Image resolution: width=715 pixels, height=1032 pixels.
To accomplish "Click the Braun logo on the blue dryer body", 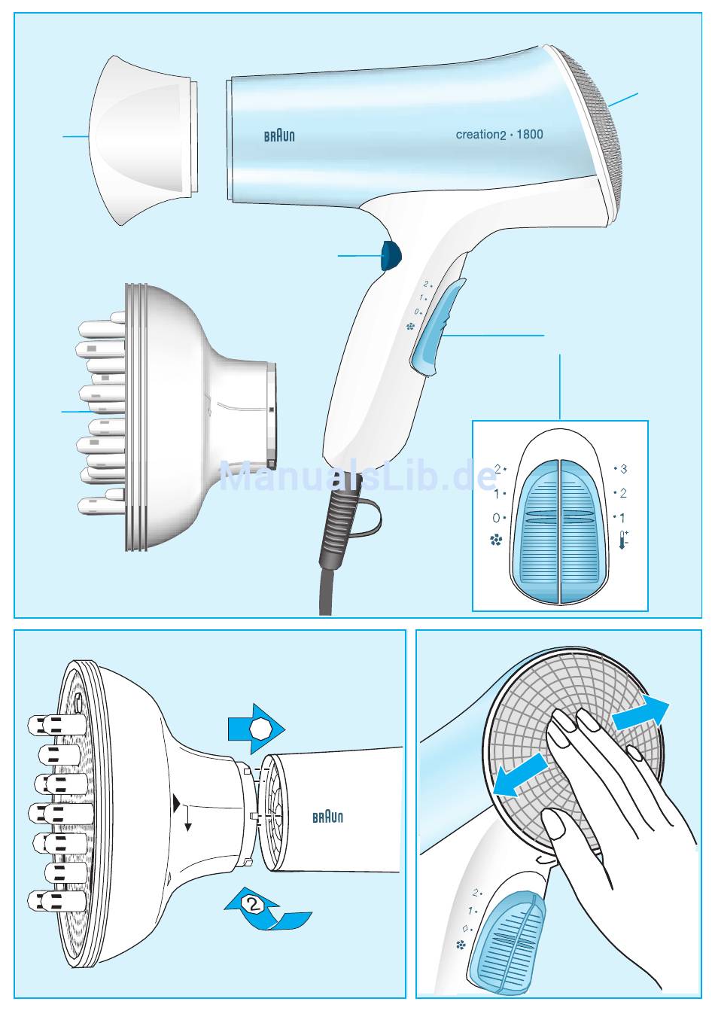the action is tap(279, 135).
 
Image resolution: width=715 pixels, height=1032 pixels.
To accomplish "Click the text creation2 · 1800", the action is tap(500, 135).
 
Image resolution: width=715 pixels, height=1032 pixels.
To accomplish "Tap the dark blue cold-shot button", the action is tap(390, 256).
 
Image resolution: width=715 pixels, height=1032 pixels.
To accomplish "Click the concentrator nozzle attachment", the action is tap(143, 141).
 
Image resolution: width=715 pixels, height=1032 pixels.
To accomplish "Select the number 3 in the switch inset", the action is tap(623, 469).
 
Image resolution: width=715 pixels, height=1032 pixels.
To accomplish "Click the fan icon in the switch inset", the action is tap(496, 540).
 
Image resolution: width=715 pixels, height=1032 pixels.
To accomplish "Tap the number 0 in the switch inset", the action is tap(496, 518).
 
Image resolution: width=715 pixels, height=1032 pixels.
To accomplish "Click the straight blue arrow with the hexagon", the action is tap(256, 729).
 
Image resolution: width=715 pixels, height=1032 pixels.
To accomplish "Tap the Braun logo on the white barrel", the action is tap(327, 817).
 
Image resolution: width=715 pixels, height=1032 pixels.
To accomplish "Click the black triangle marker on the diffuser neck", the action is tap(177, 802).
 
